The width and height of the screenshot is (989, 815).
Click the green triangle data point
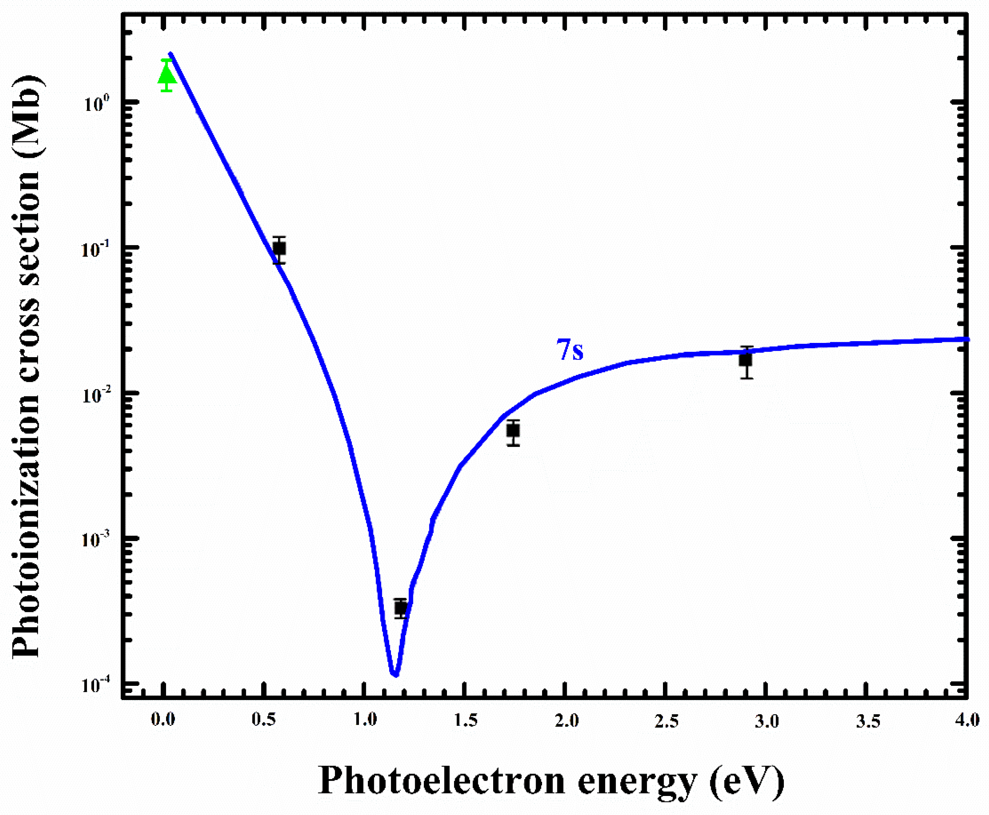(167, 75)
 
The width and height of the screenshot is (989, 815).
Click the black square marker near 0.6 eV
(279, 249)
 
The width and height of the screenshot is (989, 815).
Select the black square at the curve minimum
(400, 608)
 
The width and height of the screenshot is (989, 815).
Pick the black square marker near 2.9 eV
(746, 360)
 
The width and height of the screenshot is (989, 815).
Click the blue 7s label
(570, 350)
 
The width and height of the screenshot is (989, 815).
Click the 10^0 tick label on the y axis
(97, 103)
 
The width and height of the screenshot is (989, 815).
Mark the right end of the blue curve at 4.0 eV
(967, 339)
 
